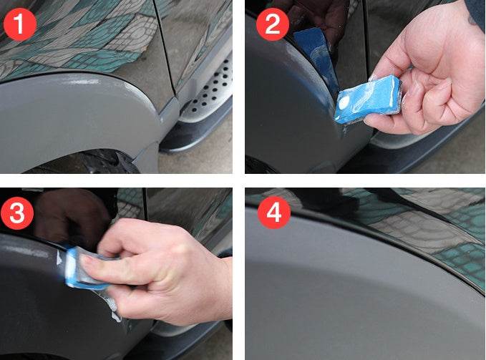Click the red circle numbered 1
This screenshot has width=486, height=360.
tap(20, 26)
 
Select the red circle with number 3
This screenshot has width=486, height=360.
tap(20, 213)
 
